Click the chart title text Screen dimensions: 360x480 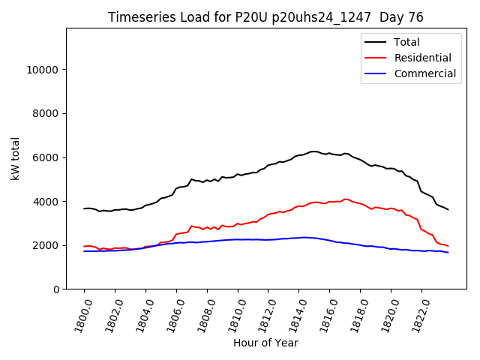point(266,17)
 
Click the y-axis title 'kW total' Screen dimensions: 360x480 point(16,159)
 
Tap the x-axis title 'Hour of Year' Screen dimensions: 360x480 point(265,343)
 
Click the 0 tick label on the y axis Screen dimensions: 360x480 point(57,289)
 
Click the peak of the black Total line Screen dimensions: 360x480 point(314,151)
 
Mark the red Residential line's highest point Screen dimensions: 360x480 point(345,199)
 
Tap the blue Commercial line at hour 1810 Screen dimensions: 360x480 point(238,239)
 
